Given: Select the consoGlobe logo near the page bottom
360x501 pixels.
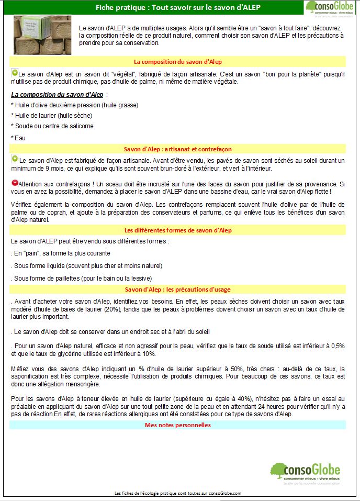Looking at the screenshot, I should (306, 474).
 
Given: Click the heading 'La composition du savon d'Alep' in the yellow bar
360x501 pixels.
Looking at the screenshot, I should (178, 61).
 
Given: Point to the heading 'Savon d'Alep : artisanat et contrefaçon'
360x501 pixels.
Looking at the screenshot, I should (178, 149).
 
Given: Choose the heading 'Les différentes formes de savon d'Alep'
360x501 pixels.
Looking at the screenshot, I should (178, 230).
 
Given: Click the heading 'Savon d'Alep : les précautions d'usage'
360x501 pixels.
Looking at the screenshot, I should (178, 290).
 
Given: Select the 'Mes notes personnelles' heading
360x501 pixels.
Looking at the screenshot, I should (178, 425).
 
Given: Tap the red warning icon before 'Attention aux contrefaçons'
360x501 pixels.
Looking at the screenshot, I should (15, 184).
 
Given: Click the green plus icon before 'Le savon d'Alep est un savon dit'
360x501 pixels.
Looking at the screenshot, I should (15, 74).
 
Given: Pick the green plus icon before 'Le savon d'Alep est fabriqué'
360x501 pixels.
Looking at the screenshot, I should (15, 159).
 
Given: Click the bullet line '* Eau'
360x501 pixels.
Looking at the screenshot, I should (18, 138).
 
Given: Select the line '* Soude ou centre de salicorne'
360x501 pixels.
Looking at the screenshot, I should (52, 126).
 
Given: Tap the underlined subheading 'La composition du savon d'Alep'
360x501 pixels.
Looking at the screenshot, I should (58, 94).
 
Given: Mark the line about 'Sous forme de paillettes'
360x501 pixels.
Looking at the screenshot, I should (81, 278).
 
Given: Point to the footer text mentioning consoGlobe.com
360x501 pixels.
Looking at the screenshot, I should (178, 493).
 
